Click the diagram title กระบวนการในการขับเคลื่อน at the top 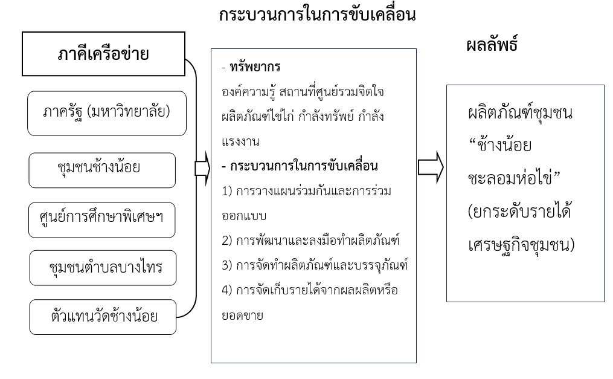click(318, 16)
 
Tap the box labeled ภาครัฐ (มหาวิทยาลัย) click(107, 113)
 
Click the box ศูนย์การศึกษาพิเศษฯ click(102, 222)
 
